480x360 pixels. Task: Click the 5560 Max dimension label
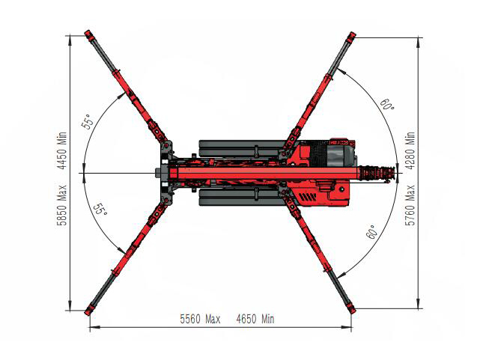pyautogui.click(x=200, y=319)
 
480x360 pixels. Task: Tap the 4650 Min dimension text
pyautogui.click(x=255, y=319)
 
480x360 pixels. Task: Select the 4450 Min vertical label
pyautogui.click(x=62, y=150)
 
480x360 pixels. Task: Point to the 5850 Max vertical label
pyautogui.click(x=62, y=205)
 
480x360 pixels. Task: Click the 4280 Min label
pyautogui.click(x=410, y=150)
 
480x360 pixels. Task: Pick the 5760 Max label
pyautogui.click(x=410, y=205)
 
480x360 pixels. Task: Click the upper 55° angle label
pyautogui.click(x=87, y=122)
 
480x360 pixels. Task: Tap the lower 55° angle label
pyautogui.click(x=100, y=210)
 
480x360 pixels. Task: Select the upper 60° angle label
pyautogui.click(x=387, y=104)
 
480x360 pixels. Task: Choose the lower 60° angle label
pyautogui.click(x=371, y=232)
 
